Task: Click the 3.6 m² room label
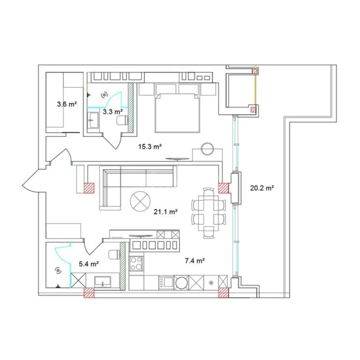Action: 66,104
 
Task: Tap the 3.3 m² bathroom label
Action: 112,111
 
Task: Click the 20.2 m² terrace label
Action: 262,188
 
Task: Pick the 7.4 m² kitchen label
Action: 195,261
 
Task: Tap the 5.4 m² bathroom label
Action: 88,264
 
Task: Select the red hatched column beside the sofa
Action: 89,188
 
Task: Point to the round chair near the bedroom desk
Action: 208,148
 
